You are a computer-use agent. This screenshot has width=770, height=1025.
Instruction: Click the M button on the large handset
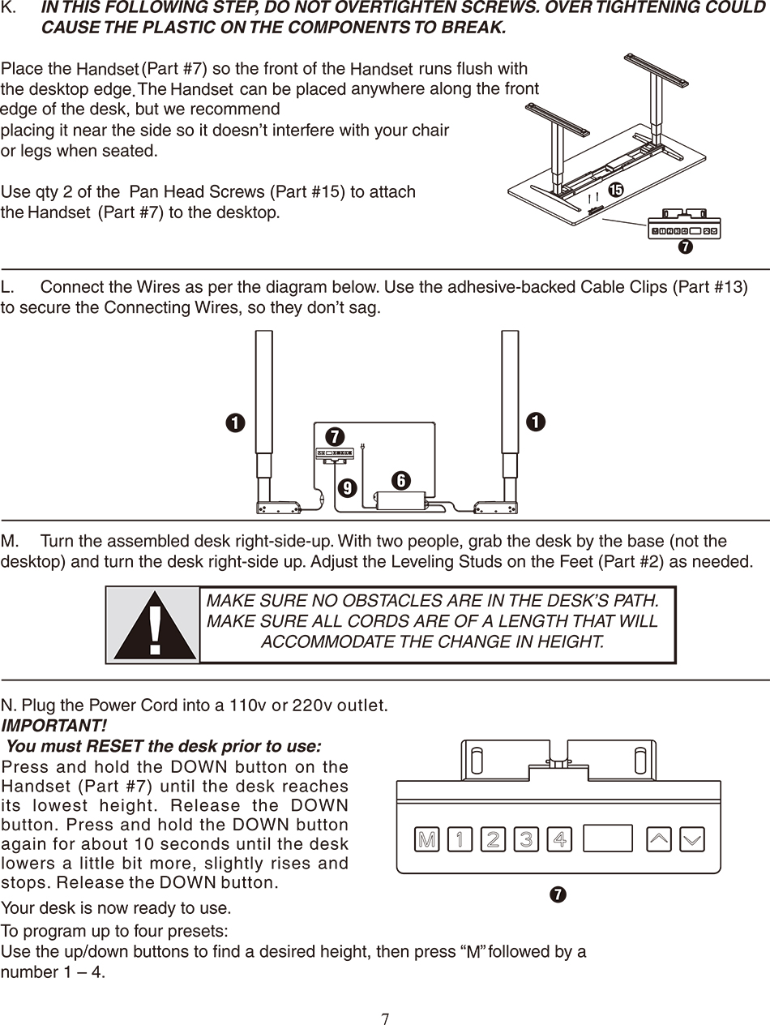(x=426, y=839)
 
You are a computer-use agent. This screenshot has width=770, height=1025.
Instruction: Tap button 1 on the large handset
(x=460, y=839)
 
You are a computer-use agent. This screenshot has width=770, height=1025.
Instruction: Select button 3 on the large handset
(x=526, y=839)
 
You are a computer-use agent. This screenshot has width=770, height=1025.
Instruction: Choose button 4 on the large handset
(x=559, y=839)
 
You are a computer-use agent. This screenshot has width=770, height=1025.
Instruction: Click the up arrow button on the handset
(x=658, y=839)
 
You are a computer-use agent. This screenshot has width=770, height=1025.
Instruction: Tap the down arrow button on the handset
(x=691, y=839)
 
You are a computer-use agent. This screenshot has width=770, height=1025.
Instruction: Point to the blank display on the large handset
(x=608, y=838)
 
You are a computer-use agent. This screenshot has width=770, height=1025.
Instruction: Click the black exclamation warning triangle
(x=155, y=626)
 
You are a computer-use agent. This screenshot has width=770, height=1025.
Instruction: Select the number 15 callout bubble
(x=615, y=190)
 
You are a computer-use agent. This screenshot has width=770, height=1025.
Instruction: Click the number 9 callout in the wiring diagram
(x=347, y=488)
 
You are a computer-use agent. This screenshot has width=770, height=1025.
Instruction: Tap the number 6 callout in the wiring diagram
(x=401, y=480)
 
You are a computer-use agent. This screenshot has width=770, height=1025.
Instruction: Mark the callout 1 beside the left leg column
(x=236, y=422)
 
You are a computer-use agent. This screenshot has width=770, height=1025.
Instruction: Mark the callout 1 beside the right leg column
(x=536, y=422)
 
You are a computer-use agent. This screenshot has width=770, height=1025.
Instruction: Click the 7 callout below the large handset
(x=558, y=894)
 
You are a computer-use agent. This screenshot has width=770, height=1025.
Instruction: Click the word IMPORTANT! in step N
(x=53, y=726)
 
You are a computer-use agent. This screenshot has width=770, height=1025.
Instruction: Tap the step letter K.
(x=8, y=7)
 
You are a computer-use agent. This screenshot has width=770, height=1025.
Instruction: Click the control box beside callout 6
(x=400, y=500)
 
